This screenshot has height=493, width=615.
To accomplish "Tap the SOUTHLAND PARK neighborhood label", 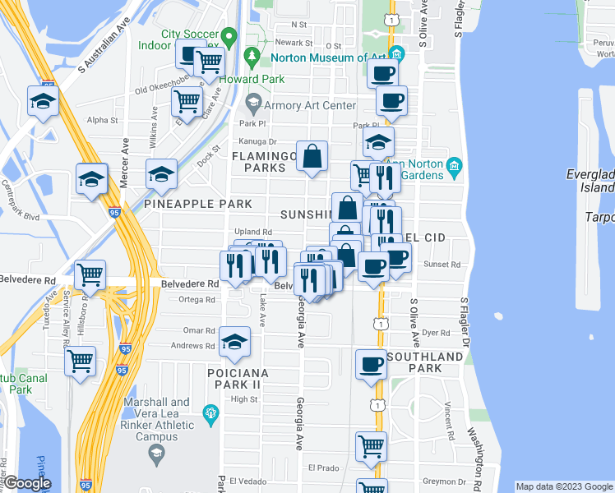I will click(x=424, y=362).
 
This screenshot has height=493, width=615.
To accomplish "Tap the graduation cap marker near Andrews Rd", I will click(x=235, y=342).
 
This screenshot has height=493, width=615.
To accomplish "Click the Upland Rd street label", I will click(x=252, y=233).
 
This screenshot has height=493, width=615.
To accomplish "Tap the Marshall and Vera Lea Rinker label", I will click(x=162, y=414).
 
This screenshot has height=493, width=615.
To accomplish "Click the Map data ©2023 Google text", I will click(x=563, y=486).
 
